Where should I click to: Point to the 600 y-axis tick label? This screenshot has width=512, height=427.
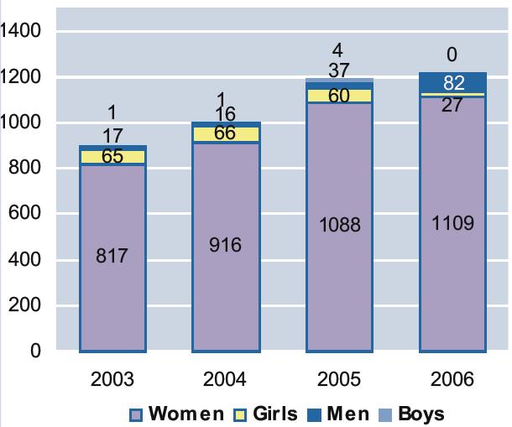[28, 215]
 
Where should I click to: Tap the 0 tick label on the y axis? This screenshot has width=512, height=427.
[36, 352]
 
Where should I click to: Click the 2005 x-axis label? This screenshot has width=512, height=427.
[338, 379]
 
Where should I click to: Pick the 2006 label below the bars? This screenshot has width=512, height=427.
[452, 379]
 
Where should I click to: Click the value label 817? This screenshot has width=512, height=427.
[112, 255]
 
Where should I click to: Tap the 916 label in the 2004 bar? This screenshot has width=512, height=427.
[225, 244]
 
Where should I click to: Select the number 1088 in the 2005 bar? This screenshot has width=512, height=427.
[339, 225]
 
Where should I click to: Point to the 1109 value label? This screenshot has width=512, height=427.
[453, 223]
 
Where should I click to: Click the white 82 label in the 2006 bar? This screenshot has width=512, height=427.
[453, 82]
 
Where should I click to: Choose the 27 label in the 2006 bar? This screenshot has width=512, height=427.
[453, 107]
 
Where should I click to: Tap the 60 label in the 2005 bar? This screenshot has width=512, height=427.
[339, 96]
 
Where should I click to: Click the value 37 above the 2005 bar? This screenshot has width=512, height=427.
[339, 70]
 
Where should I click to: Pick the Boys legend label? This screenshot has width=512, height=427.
[421, 414]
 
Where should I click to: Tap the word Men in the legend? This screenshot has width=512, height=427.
[347, 414]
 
